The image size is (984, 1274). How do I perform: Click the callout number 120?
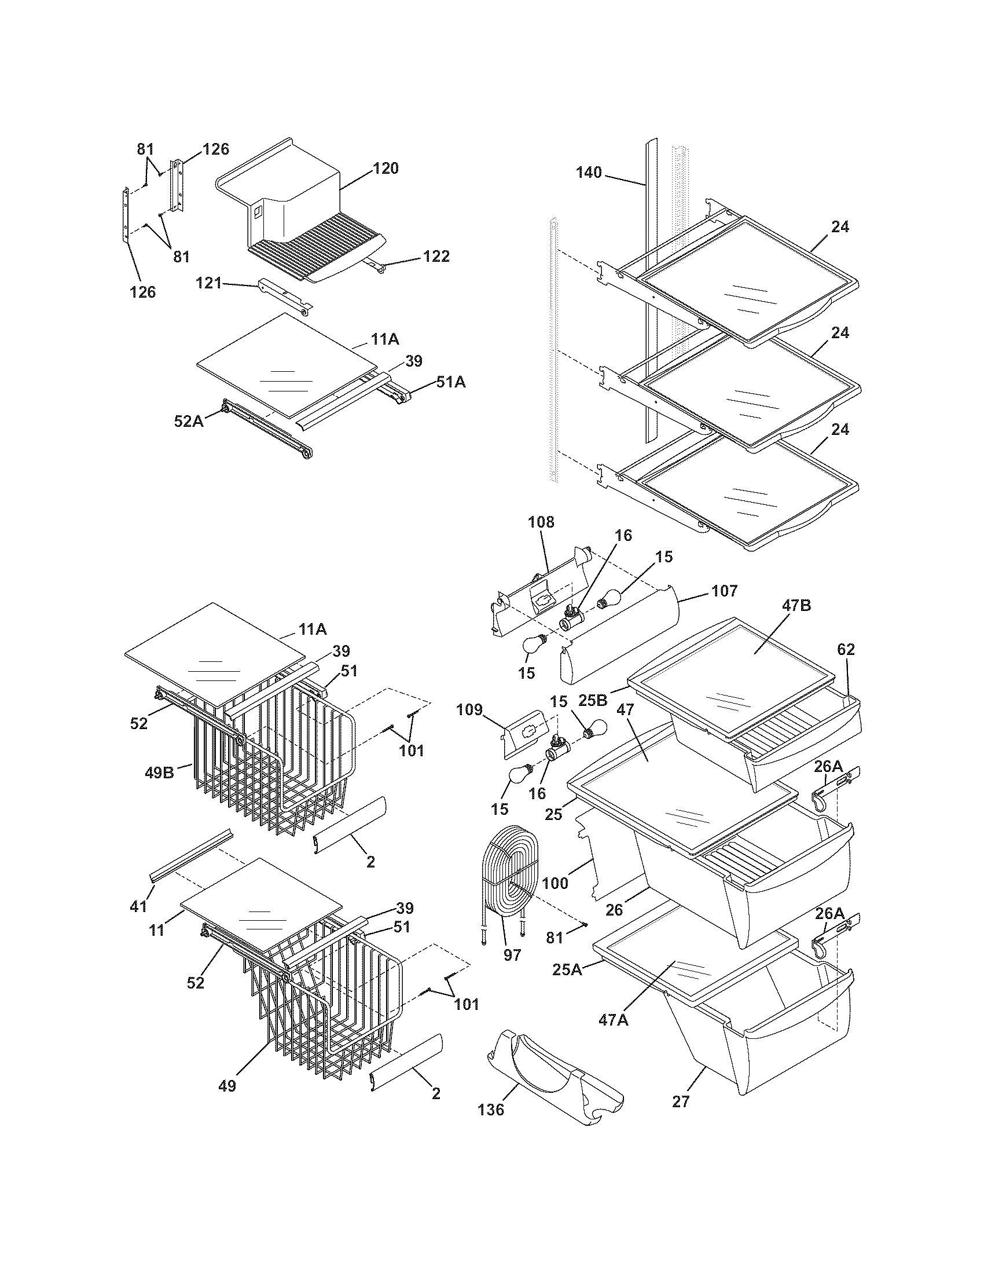385,169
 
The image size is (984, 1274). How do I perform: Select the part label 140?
589,173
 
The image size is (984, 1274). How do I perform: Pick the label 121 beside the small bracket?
209,284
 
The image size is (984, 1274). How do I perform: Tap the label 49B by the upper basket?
159,774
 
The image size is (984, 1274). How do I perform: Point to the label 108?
541,522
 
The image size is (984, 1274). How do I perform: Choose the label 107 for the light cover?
724,591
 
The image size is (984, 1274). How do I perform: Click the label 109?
469,710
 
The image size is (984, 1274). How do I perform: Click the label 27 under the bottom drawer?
680,1101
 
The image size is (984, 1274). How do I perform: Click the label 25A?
567,969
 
